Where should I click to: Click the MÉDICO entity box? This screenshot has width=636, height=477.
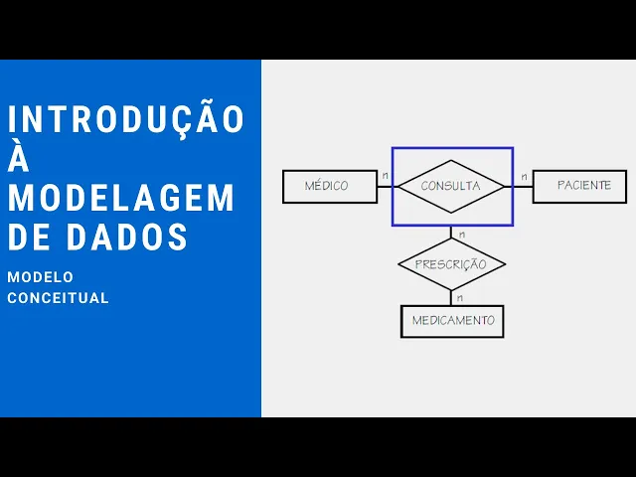[x=329, y=186]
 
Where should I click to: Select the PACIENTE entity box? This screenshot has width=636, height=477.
[x=578, y=186]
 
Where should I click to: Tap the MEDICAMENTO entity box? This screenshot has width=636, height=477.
[x=452, y=321]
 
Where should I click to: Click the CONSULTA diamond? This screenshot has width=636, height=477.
[x=451, y=186]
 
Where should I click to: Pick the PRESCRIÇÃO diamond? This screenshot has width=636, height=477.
[x=451, y=264]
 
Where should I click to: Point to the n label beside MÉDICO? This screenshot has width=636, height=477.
[x=385, y=176]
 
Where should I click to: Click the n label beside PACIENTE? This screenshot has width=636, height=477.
[x=523, y=176]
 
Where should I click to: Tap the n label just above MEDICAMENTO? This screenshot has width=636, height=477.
[x=459, y=296]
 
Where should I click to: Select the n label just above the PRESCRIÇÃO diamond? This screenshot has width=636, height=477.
[x=460, y=235]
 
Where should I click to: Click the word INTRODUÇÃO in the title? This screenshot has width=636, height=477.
[x=126, y=118]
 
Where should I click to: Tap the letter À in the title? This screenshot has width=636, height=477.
[x=18, y=157]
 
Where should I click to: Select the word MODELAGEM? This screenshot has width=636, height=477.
[x=121, y=198]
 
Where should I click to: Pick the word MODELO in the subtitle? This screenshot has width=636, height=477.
[x=40, y=277]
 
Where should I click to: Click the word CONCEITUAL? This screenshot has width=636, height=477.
[x=58, y=298]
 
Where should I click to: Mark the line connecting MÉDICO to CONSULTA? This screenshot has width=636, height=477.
[x=385, y=186]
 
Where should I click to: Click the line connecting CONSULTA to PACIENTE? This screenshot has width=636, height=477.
[x=523, y=186]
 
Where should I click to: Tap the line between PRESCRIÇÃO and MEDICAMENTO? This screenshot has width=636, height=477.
[x=452, y=297]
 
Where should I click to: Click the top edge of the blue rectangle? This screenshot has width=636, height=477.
[x=452, y=148]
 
